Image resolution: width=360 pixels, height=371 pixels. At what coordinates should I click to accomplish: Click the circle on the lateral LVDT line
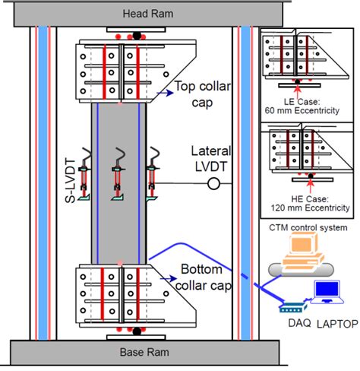[214, 183]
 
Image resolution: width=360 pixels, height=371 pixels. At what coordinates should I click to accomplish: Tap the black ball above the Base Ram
[137, 331]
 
